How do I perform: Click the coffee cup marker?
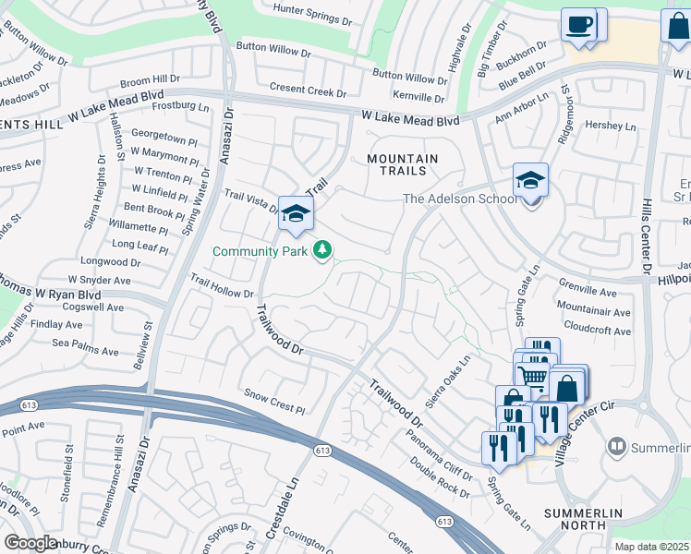(x=579, y=25)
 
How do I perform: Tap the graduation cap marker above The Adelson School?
(x=531, y=181)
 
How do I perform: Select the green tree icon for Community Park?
(x=322, y=249)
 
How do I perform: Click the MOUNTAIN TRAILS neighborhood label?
(x=403, y=164)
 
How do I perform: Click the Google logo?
(x=30, y=543)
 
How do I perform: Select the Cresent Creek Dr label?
(x=308, y=90)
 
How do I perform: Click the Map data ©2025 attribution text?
(x=651, y=547)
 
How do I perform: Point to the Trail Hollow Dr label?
(x=222, y=285)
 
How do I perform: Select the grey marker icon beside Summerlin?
(x=616, y=447)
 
